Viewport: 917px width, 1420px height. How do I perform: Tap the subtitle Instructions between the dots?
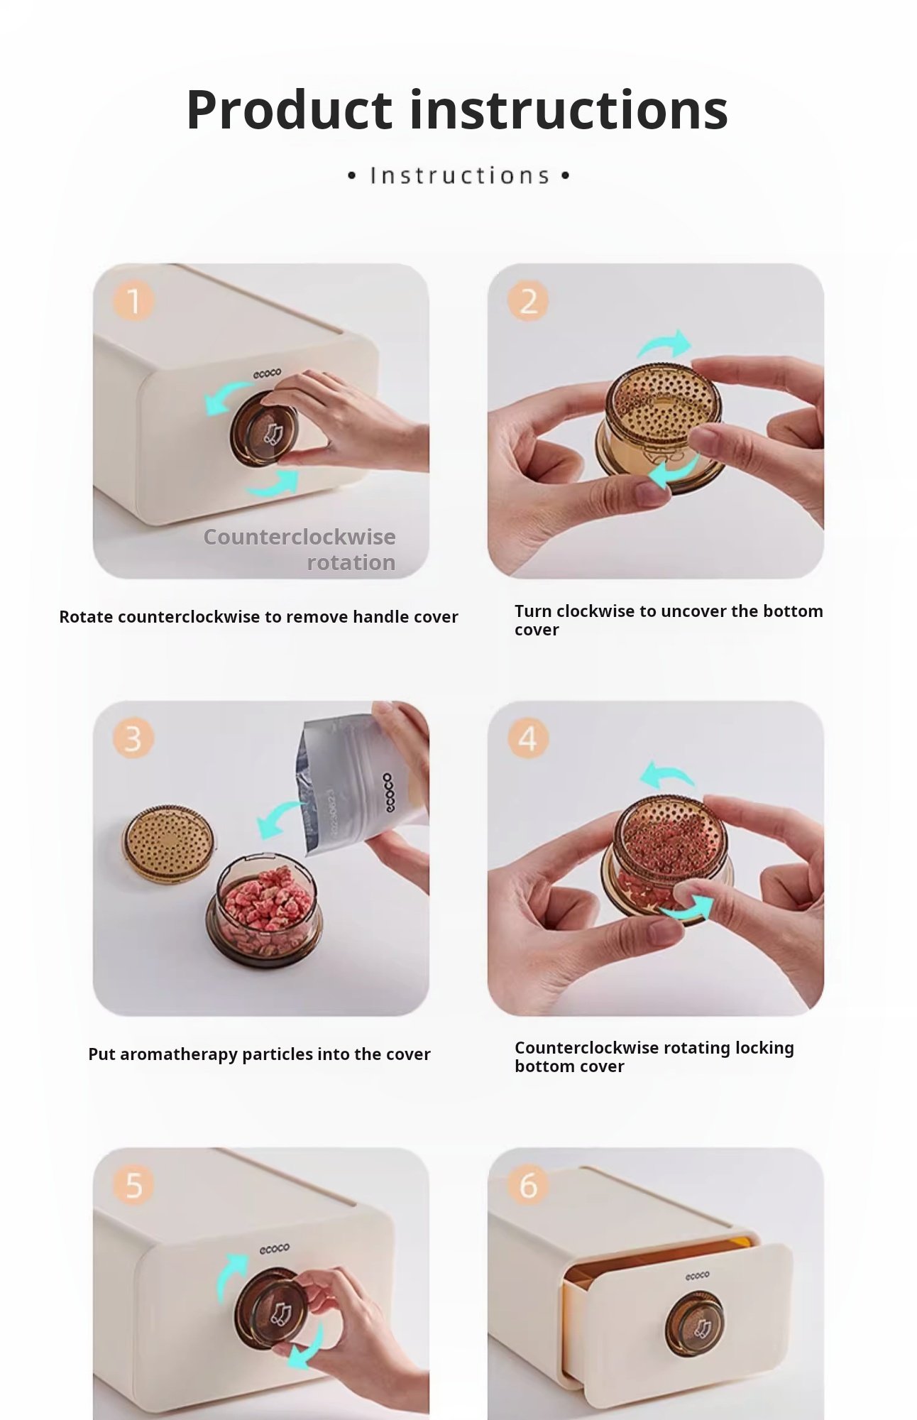tap(460, 175)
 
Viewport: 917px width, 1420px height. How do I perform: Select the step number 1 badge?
tap(133, 300)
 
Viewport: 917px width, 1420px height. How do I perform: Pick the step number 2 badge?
tap(528, 301)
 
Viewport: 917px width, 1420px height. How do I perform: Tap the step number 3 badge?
tap(133, 738)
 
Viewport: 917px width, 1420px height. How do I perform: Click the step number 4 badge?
tap(528, 738)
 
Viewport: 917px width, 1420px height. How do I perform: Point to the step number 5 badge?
tap(133, 1185)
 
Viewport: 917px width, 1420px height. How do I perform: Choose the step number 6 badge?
tap(528, 1185)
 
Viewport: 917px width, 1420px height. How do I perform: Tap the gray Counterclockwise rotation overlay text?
tap(300, 550)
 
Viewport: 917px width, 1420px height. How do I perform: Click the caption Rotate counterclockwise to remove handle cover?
tap(258, 617)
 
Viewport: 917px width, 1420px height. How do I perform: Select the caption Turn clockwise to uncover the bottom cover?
tap(669, 620)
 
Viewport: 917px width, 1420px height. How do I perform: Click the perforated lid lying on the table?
tap(169, 843)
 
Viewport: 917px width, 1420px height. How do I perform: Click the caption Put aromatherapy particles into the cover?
tap(259, 1054)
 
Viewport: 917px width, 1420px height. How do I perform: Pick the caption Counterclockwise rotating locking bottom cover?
tap(654, 1056)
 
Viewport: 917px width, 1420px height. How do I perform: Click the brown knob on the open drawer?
tap(696, 1324)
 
